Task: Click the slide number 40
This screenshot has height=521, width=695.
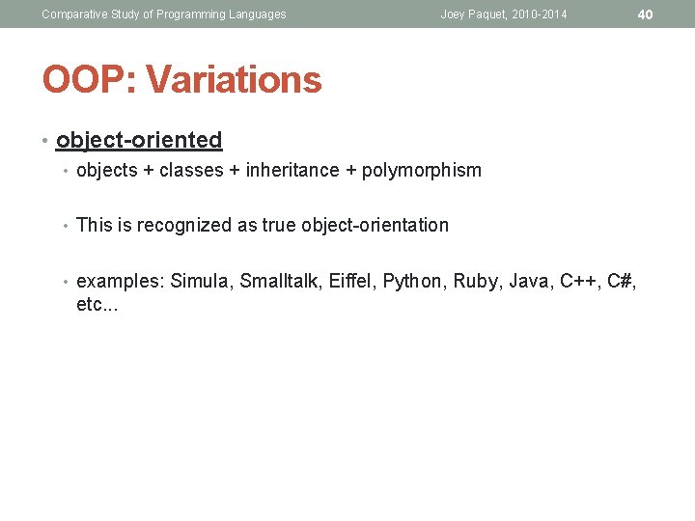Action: (646, 14)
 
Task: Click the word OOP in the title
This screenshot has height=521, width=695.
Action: (81, 79)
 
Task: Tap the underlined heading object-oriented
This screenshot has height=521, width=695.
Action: (139, 140)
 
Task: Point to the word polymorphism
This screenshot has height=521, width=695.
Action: (421, 171)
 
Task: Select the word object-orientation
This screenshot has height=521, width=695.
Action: (375, 226)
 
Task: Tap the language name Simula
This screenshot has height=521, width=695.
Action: (200, 282)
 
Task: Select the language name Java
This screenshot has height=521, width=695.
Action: (531, 282)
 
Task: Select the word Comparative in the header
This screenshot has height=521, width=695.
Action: (74, 14)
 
